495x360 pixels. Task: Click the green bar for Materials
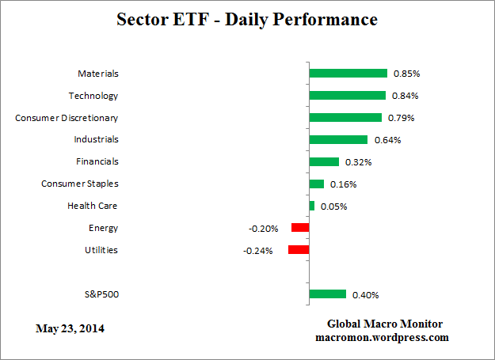[348, 74]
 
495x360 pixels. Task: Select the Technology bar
[347, 96]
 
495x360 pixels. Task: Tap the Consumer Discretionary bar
[345, 118]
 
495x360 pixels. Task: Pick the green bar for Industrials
[338, 140]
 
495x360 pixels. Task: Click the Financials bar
[324, 162]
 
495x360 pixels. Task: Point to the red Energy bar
[300, 228]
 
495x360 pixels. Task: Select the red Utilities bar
[299, 250]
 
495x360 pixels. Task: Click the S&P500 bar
[327, 294]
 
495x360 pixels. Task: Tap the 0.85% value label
[406, 74]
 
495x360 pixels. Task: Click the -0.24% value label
[258, 251]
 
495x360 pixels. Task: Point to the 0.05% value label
[333, 207]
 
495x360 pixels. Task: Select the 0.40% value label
[365, 295]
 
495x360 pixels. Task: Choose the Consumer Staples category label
[79, 184]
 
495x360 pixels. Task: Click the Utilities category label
[101, 251]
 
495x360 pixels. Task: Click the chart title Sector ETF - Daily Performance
[247, 18]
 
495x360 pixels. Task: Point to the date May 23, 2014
[70, 328]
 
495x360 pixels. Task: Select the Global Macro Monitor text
[385, 324]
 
